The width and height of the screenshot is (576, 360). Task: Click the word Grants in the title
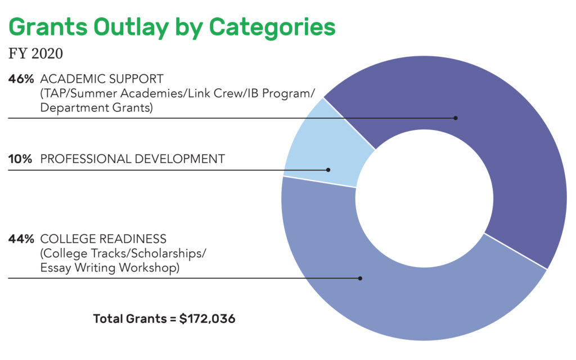48,26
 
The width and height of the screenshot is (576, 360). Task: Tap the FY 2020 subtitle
35,53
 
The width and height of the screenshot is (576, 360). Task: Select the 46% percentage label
21,79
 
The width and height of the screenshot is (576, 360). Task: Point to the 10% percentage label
20,159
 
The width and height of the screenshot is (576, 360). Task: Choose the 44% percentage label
21,239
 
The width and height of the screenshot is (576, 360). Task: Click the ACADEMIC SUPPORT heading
102,79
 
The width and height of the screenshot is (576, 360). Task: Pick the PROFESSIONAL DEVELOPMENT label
133,159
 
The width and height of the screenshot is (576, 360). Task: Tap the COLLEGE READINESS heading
103,239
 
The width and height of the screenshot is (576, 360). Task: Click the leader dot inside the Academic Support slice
456,118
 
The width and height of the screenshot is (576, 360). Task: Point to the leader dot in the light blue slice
328,170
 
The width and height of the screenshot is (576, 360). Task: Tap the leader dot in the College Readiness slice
360,278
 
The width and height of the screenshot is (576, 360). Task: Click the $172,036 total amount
207,318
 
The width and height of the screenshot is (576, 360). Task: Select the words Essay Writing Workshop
110,268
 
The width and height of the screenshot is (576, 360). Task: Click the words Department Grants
96,108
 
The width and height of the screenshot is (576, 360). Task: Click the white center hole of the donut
424,199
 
